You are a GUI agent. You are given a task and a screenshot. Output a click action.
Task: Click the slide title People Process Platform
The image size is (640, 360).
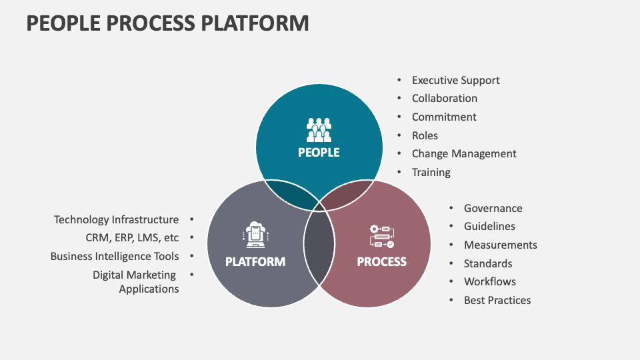click(x=167, y=23)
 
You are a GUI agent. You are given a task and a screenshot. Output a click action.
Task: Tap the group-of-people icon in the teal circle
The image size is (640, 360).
click(x=319, y=129)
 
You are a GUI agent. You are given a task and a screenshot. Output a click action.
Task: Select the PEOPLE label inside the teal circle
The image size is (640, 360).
click(x=319, y=153)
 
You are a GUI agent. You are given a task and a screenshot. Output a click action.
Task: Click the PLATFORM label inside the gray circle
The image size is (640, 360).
click(x=255, y=262)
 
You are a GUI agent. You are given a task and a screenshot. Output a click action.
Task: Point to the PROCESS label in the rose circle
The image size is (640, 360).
click(x=381, y=262)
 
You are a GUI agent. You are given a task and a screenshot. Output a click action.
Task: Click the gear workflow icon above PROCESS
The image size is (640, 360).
click(x=381, y=236)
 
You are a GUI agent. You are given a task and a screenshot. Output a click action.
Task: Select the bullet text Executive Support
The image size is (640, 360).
click(x=455, y=80)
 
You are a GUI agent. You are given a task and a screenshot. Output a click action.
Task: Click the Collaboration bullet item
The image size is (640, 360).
click(x=444, y=98)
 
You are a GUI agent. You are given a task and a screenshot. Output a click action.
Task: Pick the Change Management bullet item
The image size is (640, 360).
click(x=464, y=153)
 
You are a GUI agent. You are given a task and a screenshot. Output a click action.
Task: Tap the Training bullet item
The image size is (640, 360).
click(x=431, y=172)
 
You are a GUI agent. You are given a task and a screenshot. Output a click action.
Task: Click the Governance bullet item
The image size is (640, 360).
click(x=493, y=209)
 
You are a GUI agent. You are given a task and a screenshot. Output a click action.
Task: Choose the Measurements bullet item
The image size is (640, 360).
click(x=500, y=245)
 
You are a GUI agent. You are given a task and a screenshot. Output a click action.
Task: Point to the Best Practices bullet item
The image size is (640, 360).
click(x=497, y=300)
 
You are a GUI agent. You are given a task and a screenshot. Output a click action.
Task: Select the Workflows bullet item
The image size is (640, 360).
click(x=489, y=281)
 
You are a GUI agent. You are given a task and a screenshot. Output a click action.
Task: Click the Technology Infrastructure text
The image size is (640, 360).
click(x=117, y=219)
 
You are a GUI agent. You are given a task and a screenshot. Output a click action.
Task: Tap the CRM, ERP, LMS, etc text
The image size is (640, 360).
click(x=132, y=237)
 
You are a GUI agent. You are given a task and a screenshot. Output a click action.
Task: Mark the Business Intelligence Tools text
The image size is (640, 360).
click(x=115, y=256)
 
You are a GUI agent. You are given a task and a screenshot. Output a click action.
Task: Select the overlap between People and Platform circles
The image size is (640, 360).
click(x=291, y=193)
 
